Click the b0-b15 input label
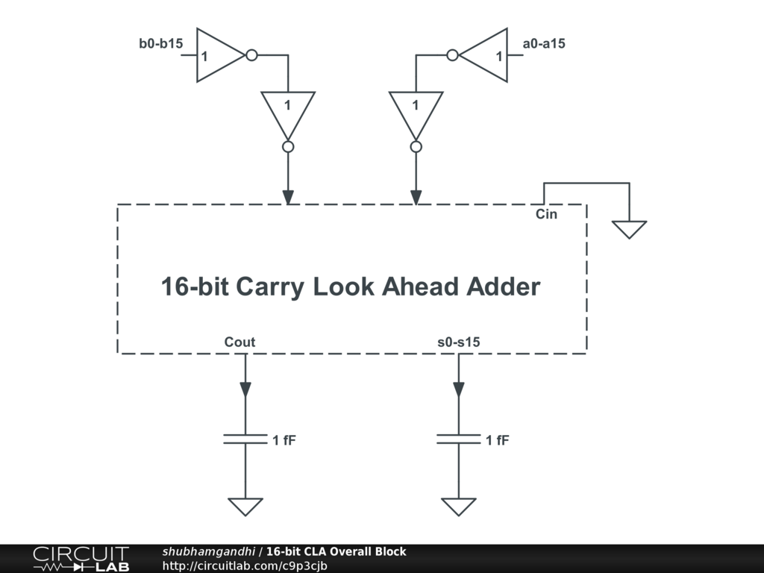point(160,43)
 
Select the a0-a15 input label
point(544,43)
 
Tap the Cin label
point(546,214)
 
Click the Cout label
point(239,342)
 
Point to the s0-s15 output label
point(459,342)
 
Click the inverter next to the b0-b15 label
point(220,56)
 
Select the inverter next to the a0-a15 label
point(483,56)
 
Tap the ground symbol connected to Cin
point(629,228)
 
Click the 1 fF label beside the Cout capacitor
point(284,440)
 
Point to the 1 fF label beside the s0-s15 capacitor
point(498,440)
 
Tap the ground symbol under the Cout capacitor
point(245,506)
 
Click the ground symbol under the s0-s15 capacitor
point(459,506)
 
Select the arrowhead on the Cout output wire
point(245,389)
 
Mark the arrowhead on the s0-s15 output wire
point(459,389)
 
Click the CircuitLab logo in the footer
point(81,559)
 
